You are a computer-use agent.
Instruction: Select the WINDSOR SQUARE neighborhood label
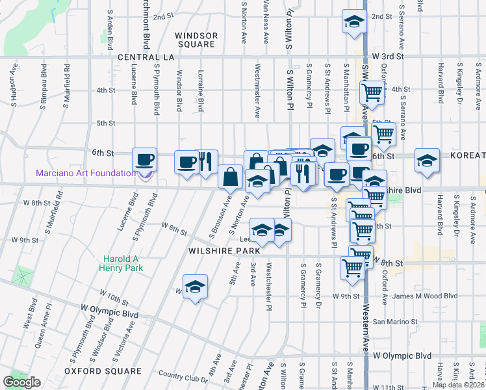[x=195, y=39]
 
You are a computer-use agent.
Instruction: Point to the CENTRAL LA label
[x=147, y=57]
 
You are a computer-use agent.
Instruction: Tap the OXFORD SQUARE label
[x=103, y=371]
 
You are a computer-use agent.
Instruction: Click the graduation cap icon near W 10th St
[x=195, y=287]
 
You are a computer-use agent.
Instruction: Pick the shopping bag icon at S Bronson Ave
[x=231, y=175]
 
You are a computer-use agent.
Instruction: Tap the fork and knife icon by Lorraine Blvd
[x=206, y=161]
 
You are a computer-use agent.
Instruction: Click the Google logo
[x=22, y=382]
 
